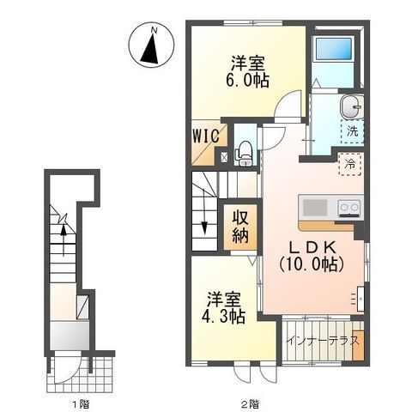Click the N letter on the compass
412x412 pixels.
point(154,29)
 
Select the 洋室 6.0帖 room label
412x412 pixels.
point(248,72)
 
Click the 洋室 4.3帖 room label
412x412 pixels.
point(224,307)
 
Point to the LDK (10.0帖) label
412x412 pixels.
point(312,256)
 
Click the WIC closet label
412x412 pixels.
point(206,136)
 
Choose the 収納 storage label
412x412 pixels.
point(240,227)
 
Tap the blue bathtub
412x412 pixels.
point(334,49)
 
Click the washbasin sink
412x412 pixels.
point(351,106)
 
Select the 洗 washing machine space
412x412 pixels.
point(353,131)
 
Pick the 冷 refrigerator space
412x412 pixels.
point(350,164)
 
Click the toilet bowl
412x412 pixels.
point(245,150)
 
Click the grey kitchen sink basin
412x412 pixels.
point(315,208)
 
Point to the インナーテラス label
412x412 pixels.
point(322,341)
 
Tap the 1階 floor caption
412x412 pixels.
point(81,404)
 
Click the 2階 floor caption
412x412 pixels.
point(251,404)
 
